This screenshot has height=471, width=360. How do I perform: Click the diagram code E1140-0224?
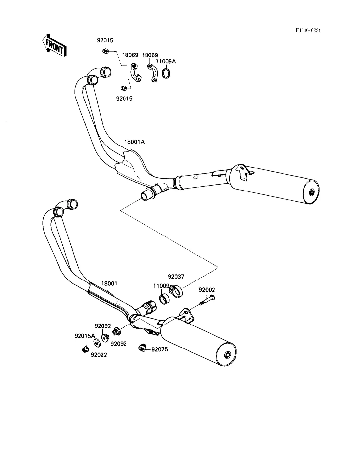coord(308,31)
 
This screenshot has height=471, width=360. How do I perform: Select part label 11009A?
coord(166,61)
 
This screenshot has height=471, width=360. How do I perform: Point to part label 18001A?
coord(134,142)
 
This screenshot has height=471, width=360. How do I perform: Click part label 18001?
coord(109,283)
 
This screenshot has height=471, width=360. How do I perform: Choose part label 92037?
coord(176,277)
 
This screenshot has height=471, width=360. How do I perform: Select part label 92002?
coord(207,290)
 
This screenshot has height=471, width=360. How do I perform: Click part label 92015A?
coord(85,336)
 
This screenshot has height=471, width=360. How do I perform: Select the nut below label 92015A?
coord(85,349)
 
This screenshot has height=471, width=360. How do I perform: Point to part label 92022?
coord(99,355)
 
